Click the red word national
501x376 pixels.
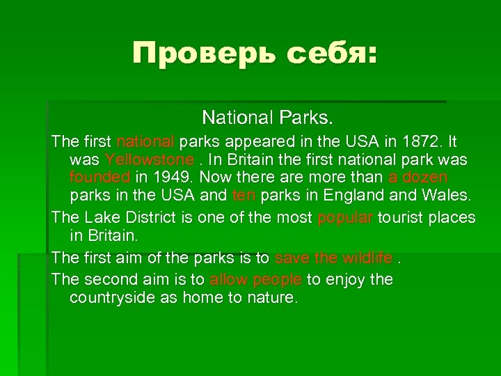(146, 142)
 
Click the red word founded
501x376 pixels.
(100, 178)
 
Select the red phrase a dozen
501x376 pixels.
(418, 178)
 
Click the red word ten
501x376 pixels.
(244, 196)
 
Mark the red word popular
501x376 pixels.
(345, 218)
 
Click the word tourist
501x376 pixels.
(404, 218)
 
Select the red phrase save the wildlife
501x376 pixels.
(333, 258)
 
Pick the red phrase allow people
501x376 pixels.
(255, 280)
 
